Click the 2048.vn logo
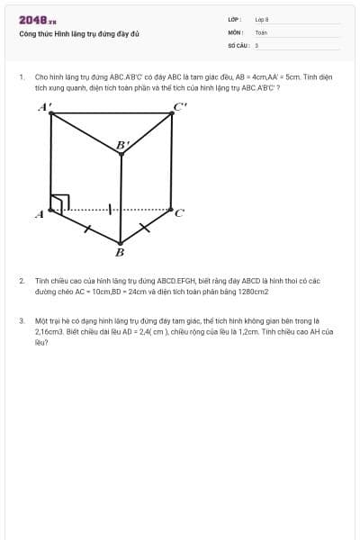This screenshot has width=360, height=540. [x=38, y=21]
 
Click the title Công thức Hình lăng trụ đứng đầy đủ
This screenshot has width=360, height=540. [x=79, y=34]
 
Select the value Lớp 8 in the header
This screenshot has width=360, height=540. [x=262, y=19]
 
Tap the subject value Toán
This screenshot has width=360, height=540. [x=261, y=32]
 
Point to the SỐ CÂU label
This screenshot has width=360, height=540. [x=237, y=45]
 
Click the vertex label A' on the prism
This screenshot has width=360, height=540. [x=44, y=107]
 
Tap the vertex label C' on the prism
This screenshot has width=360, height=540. [x=181, y=107]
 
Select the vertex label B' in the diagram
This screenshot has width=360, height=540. [x=122, y=144]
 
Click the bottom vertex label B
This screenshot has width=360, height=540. [x=120, y=252]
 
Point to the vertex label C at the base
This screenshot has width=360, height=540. [x=179, y=214]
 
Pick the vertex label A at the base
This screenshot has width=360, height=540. [x=40, y=214]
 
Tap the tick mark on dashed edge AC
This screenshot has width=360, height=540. [x=110, y=210]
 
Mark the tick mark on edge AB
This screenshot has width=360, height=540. [x=86, y=229]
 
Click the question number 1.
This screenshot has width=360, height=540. [x=21, y=77]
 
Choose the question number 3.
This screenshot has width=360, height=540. [x=21, y=320]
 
